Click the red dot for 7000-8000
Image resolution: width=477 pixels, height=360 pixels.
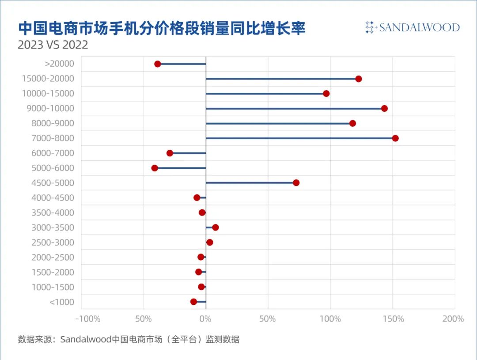tap(395, 138)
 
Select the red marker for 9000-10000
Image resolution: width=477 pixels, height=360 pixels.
tap(384, 109)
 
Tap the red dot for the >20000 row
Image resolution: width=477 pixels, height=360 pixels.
tap(158, 64)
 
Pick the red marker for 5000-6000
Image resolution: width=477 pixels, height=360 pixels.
tap(155, 168)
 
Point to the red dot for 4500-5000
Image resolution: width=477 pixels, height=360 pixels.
tap(296, 183)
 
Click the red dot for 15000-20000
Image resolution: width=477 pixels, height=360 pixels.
tap(359, 79)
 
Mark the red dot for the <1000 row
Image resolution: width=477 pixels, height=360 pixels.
tap(193, 302)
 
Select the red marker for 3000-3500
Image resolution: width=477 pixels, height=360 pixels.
tap(216, 227)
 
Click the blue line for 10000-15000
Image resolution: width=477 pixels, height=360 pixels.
tap(265, 94)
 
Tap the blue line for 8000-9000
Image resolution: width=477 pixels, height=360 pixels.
tap(278, 123)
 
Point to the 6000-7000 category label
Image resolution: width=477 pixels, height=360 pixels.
tap(53, 153)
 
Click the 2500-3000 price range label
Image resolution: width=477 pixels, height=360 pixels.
tap(53, 243)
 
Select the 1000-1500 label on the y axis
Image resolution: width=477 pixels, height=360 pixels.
tap(53, 287)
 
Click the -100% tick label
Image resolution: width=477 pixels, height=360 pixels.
tap(88, 319)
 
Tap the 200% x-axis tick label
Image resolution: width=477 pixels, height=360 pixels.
tap(453, 319)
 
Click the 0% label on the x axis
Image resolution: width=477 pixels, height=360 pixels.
tap(205, 319)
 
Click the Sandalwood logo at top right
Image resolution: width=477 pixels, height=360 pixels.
tap(413, 27)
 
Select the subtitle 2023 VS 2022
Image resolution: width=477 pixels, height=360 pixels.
tap(53, 45)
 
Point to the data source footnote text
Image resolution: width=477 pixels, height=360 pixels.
tap(129, 340)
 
